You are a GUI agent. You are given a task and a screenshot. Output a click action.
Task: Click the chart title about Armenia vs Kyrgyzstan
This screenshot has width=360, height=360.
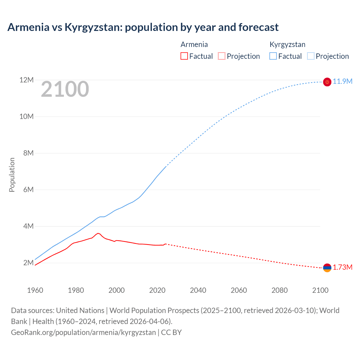[x=143, y=27]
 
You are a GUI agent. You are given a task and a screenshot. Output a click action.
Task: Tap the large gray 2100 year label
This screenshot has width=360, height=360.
[x=65, y=89]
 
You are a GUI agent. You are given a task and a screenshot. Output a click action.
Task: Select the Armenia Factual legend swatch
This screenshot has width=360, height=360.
[x=184, y=56]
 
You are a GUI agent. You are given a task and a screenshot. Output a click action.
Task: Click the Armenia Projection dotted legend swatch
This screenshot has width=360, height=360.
[x=222, y=56]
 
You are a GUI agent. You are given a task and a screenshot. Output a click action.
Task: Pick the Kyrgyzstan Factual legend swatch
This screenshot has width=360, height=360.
[x=273, y=56]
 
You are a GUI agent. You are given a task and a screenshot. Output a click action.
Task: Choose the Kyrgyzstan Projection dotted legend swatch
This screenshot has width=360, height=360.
[x=310, y=56]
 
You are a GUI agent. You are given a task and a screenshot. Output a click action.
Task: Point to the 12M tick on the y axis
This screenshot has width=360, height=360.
[x=26, y=80]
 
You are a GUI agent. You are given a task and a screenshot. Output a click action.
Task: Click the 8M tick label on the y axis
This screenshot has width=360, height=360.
[x=28, y=153]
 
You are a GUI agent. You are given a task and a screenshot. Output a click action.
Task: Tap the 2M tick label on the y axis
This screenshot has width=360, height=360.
[x=28, y=263]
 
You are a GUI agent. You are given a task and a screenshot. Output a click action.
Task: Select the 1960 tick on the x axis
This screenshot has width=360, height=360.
[x=35, y=290]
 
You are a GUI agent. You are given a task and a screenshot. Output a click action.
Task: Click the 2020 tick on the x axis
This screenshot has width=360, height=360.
[x=157, y=290]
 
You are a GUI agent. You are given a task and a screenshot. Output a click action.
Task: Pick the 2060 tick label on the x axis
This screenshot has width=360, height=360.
[x=239, y=290]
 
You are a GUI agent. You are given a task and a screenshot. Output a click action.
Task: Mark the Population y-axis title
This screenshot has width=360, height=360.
[x=12, y=175]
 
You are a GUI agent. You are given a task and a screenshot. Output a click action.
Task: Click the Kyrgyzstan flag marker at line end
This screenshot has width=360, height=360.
[x=327, y=82]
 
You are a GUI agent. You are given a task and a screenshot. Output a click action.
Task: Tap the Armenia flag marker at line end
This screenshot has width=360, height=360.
[x=327, y=268]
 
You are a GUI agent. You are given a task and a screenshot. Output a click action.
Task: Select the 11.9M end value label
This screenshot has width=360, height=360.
[x=343, y=82]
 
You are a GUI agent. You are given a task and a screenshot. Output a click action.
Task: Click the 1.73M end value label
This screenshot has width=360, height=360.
[x=343, y=267]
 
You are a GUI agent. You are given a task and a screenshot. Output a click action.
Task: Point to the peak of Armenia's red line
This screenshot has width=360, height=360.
[x=98, y=233]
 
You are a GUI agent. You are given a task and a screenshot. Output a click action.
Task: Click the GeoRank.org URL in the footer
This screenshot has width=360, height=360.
[x=83, y=332]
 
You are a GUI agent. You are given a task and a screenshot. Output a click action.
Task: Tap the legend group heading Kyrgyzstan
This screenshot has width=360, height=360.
[x=287, y=44]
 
